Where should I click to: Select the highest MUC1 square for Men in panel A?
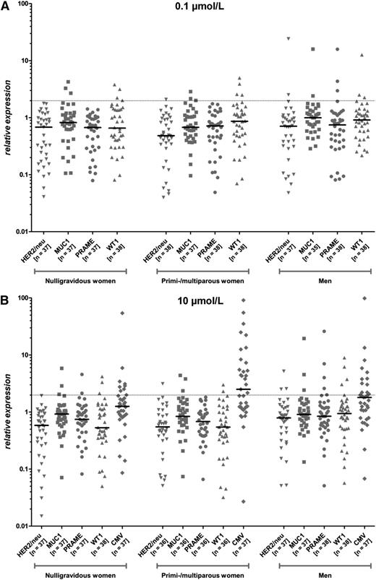313,49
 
